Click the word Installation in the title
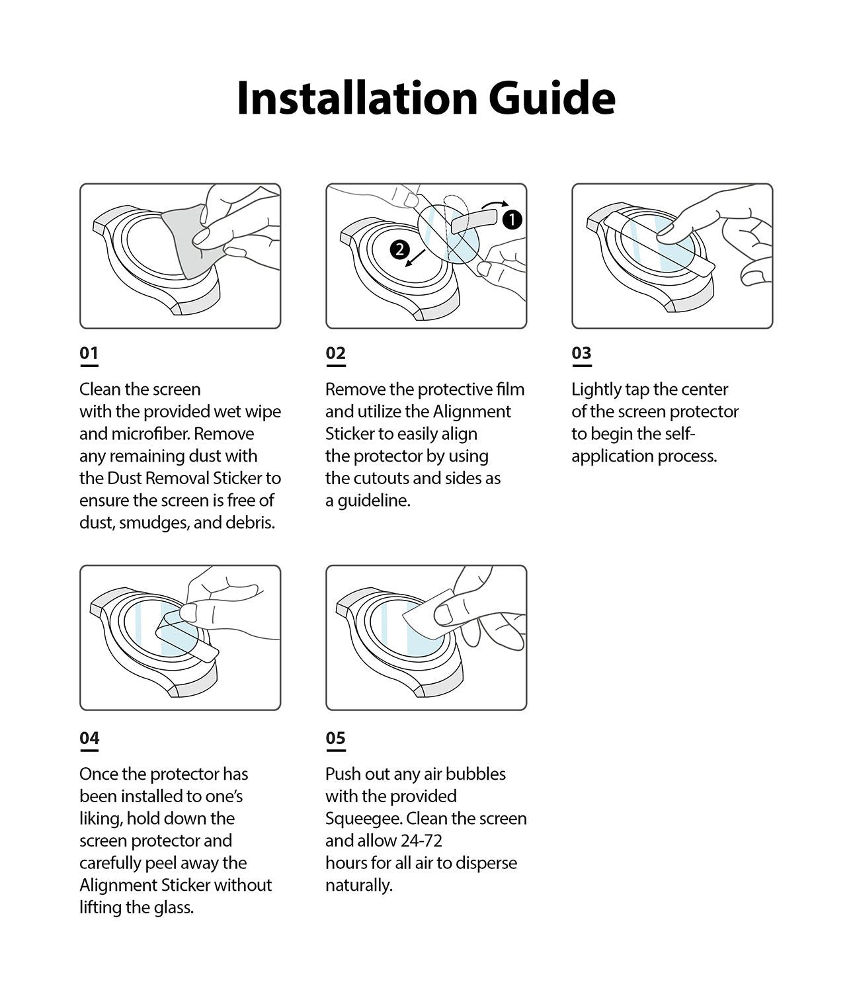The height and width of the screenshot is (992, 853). (x=358, y=98)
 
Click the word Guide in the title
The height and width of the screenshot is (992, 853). (x=551, y=98)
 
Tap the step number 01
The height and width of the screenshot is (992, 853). (x=89, y=353)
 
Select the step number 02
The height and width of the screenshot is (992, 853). (x=335, y=353)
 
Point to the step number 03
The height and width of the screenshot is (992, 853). (x=581, y=353)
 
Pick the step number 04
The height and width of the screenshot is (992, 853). (x=89, y=738)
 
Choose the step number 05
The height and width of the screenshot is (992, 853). (x=335, y=738)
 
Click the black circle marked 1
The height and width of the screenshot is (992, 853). (x=512, y=220)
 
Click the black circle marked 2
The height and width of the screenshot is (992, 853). (x=399, y=249)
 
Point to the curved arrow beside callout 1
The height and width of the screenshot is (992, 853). (x=495, y=204)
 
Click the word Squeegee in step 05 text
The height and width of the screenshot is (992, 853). (x=363, y=819)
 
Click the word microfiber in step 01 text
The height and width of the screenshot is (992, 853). (x=147, y=434)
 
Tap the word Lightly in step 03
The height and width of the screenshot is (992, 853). (x=596, y=390)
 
